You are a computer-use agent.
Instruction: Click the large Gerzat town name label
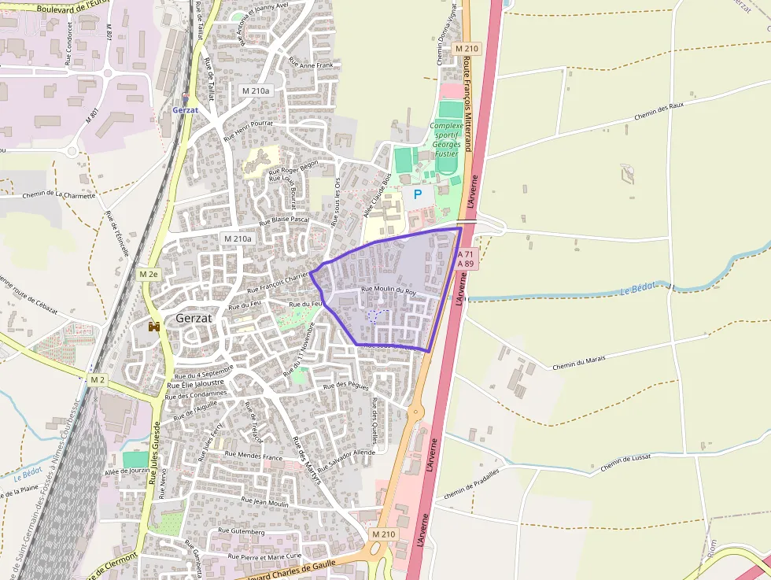194,318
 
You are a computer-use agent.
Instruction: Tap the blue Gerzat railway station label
186,110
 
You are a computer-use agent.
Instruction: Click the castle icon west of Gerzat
155,326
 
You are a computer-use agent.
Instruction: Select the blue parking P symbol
418,194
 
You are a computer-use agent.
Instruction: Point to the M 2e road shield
148,274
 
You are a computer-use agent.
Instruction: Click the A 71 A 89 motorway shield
467,259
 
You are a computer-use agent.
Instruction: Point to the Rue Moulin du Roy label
387,290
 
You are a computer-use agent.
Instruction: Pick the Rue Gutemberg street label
241,531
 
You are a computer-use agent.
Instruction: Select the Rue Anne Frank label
311,63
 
